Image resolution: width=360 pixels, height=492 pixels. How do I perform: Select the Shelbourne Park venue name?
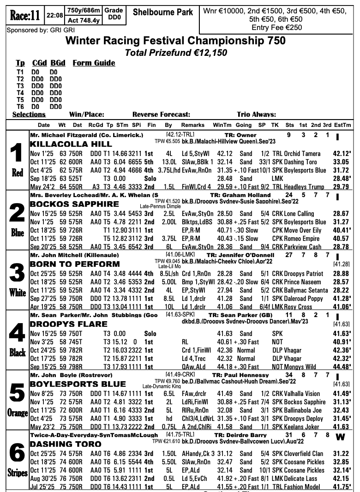tap(163, 12)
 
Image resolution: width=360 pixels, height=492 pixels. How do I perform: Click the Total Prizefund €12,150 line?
tap(176, 53)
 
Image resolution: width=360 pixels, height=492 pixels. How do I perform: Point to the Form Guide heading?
tap(94, 63)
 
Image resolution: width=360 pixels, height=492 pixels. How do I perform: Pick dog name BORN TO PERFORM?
tap(75, 264)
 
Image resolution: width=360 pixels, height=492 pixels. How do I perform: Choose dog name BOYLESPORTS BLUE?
tap(78, 384)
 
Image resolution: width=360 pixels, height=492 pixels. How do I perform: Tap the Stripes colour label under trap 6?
tap(17, 473)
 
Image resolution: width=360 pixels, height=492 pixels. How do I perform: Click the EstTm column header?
tap(342, 125)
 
